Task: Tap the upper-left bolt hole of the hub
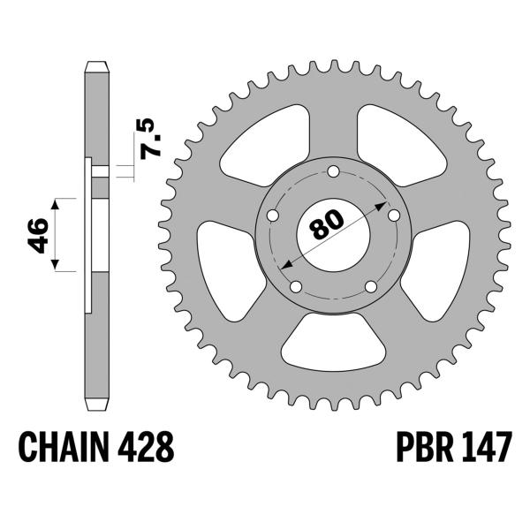coord(273,216)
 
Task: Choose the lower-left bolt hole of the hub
coord(296,286)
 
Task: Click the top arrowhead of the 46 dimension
coord(56,203)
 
